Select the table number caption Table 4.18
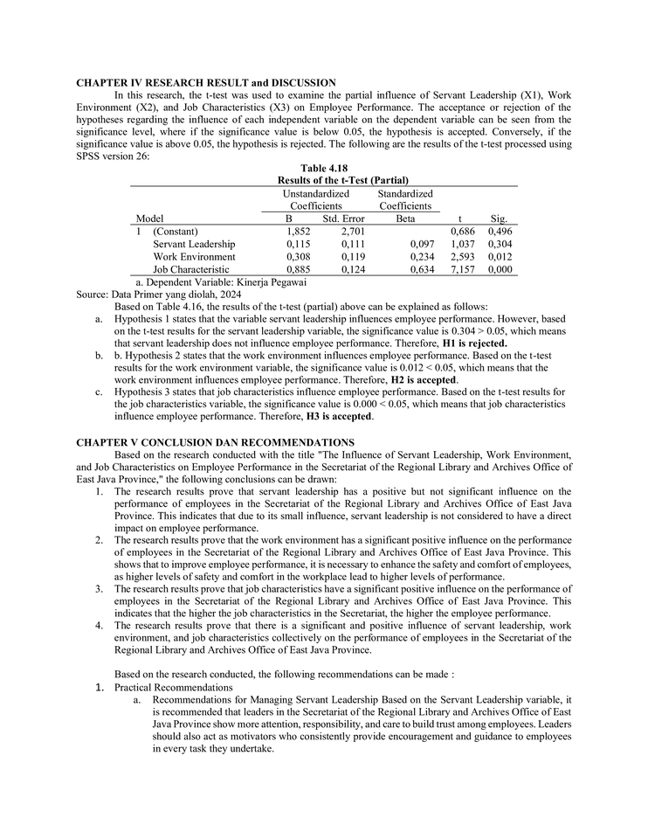(x=324, y=168)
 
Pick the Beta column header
(x=405, y=218)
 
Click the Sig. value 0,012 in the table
(x=500, y=257)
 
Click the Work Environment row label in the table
(x=194, y=257)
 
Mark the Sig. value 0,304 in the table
(x=500, y=244)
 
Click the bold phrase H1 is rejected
(x=474, y=343)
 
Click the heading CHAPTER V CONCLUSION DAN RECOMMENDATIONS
(x=215, y=443)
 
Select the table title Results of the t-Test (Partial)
(x=324, y=179)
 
